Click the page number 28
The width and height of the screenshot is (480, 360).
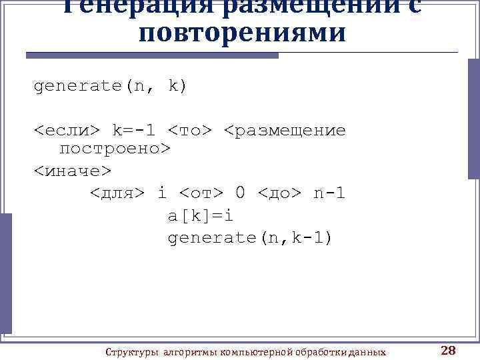(448, 351)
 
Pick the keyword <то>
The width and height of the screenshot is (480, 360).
(189, 129)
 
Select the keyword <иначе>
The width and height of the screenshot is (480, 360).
(73, 171)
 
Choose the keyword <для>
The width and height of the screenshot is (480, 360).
(117, 194)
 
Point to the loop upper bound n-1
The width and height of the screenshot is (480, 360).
(329, 194)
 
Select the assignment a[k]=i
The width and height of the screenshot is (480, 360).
(200, 217)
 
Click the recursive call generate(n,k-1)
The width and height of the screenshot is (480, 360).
(249, 238)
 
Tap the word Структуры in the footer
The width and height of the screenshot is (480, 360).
(133, 351)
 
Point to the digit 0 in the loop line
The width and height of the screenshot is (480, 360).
(240, 194)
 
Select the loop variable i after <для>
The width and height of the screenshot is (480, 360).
(161, 194)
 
